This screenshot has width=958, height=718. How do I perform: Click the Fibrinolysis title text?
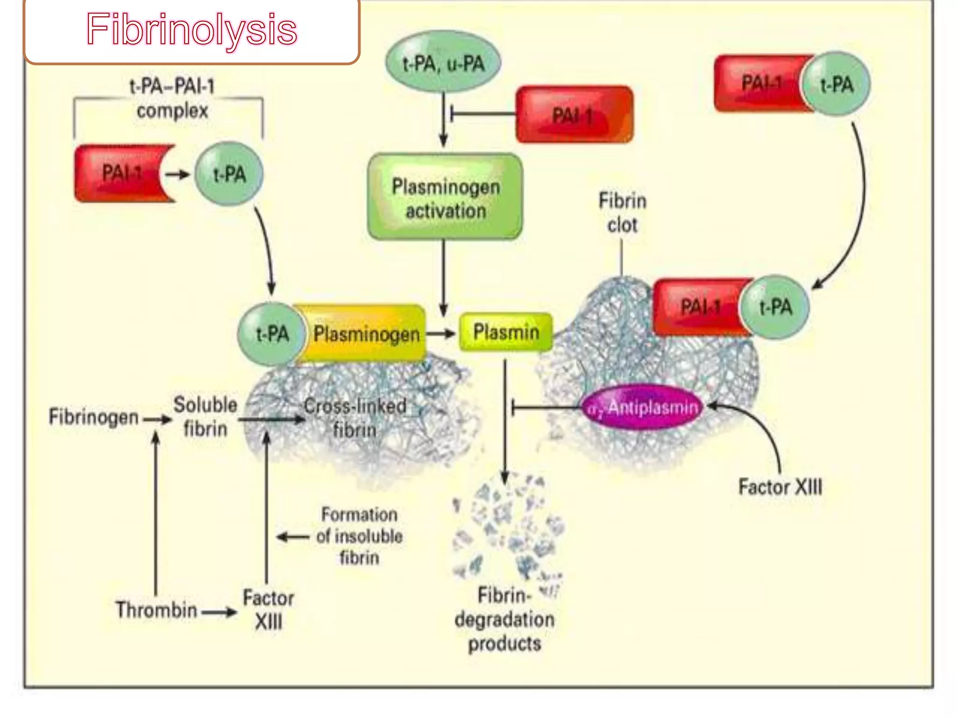click(x=191, y=29)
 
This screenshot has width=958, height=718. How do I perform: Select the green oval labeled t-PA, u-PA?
click(x=443, y=63)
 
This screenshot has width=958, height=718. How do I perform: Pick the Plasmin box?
click(x=506, y=332)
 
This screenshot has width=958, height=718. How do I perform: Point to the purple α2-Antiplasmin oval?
click(x=644, y=408)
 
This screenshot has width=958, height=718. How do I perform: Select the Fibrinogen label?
click(x=94, y=416)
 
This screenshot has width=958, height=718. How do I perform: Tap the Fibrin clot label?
click(x=623, y=213)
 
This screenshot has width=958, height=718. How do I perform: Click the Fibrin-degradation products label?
click(x=504, y=619)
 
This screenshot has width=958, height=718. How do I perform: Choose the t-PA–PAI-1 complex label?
click(x=172, y=99)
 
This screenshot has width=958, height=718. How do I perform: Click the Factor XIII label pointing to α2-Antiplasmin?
click(x=780, y=487)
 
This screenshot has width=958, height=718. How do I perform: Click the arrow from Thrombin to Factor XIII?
click(x=219, y=612)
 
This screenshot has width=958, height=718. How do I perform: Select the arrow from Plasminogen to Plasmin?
click(x=440, y=333)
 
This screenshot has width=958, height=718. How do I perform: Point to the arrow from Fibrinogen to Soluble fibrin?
click(x=157, y=419)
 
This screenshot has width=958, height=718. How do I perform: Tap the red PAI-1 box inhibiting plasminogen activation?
click(x=574, y=115)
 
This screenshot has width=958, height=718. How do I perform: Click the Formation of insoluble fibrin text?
click(x=359, y=536)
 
